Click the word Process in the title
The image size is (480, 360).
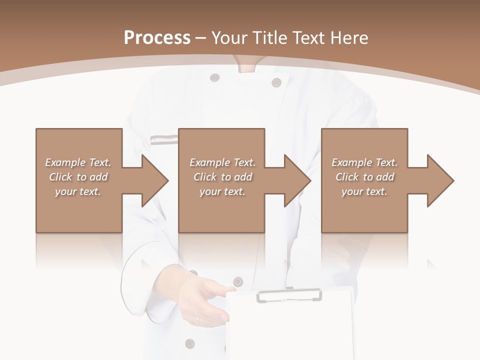coord(157,37)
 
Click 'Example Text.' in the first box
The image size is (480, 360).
coord(78,162)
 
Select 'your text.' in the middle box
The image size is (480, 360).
coord(222,191)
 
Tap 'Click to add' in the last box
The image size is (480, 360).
coord(365,177)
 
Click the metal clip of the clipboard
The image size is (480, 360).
coord(289,295)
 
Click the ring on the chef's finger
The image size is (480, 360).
coord(197,318)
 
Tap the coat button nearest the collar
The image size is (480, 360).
coord(214,77)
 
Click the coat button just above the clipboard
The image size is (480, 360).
coord(238,281)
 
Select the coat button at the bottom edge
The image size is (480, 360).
coord(189,343)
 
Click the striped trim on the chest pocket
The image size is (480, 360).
coord(164,139)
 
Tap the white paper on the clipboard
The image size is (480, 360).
coord(290,330)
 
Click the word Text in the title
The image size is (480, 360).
coord(309,37)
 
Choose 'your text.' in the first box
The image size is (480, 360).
coord(77,191)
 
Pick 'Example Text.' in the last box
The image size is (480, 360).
coord(364,162)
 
